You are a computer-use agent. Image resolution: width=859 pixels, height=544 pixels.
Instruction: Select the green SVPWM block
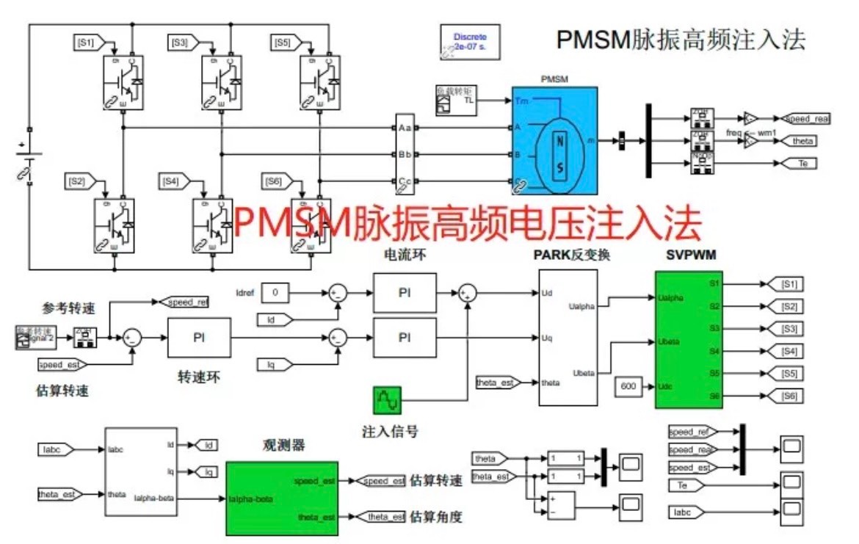689,339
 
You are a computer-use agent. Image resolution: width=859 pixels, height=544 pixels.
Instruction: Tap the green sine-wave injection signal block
387,401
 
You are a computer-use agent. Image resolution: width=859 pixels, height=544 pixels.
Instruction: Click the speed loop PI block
198,337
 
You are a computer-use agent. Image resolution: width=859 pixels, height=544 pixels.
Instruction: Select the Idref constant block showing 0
275,292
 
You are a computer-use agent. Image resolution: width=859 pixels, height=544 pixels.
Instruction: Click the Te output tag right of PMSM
801,163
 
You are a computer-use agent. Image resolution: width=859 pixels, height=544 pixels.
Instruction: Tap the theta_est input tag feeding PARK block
497,382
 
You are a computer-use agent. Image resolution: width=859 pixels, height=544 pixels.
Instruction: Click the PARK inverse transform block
568,337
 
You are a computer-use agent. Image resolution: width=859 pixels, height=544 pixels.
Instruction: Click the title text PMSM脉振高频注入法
680,39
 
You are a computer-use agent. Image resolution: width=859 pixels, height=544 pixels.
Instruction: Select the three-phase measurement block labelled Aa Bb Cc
405,154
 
